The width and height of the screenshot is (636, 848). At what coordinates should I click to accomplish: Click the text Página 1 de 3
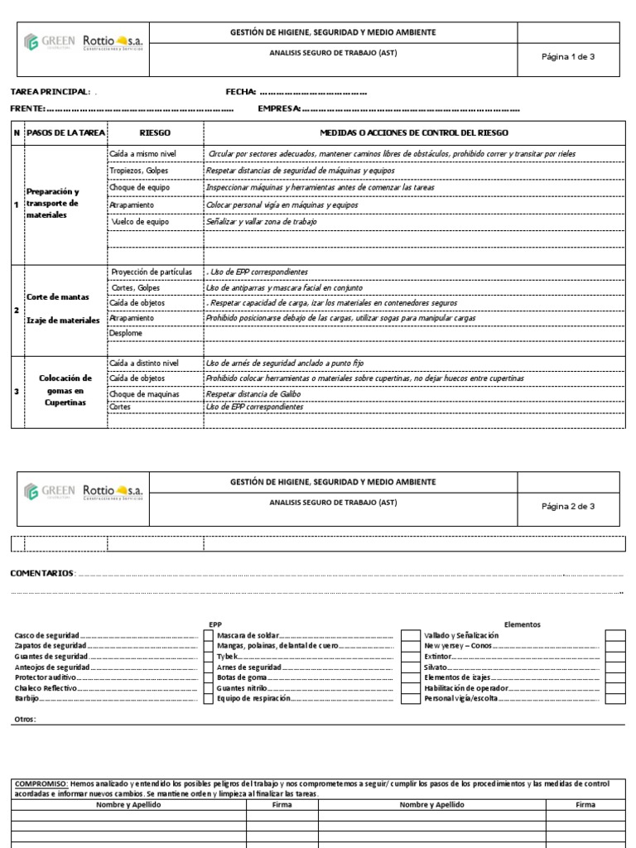tap(568, 56)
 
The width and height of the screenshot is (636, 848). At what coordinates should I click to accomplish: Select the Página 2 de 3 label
tap(568, 506)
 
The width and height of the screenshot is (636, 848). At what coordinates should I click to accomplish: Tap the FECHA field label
tap(241, 92)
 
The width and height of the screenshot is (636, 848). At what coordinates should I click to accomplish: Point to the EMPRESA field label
tap(279, 108)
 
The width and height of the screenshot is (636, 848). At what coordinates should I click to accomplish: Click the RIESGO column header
tap(155, 132)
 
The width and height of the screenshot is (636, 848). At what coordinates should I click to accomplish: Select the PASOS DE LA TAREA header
tap(65, 132)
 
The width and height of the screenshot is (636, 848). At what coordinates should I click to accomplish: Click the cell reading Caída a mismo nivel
tap(143, 154)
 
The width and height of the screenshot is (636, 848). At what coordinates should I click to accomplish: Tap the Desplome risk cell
tap(126, 333)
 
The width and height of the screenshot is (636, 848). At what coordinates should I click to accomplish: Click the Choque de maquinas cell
tap(144, 394)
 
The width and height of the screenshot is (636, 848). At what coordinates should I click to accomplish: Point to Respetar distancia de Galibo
tap(253, 394)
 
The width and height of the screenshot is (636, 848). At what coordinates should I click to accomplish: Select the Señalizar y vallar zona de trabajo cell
tap(261, 222)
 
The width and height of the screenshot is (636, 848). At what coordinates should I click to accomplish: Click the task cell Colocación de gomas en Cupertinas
tap(65, 390)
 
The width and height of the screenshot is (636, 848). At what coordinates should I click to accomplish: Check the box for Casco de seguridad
tap(209, 635)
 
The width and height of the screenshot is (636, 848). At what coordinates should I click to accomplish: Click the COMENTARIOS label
tap(41, 573)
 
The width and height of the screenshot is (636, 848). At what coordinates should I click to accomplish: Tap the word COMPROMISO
tap(41, 783)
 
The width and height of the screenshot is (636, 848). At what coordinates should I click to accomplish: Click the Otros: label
tap(26, 719)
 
